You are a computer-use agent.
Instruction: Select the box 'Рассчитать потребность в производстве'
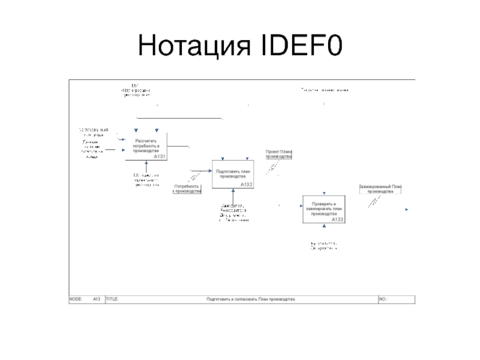(146, 146)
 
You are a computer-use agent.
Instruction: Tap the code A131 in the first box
(159, 157)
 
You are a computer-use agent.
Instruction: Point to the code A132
(246, 185)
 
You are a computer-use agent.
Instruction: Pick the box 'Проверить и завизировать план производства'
(323, 209)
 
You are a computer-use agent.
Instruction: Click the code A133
(337, 220)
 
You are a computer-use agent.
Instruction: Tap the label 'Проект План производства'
(278, 154)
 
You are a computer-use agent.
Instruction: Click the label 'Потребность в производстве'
(187, 189)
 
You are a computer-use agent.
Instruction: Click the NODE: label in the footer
(76, 298)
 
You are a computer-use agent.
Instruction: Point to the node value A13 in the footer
(96, 298)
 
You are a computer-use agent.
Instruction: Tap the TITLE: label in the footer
(112, 298)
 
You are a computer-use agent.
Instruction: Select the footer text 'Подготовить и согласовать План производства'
(250, 298)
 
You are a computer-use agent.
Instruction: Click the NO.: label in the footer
(383, 298)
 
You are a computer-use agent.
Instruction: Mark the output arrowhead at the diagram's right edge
(407, 209)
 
